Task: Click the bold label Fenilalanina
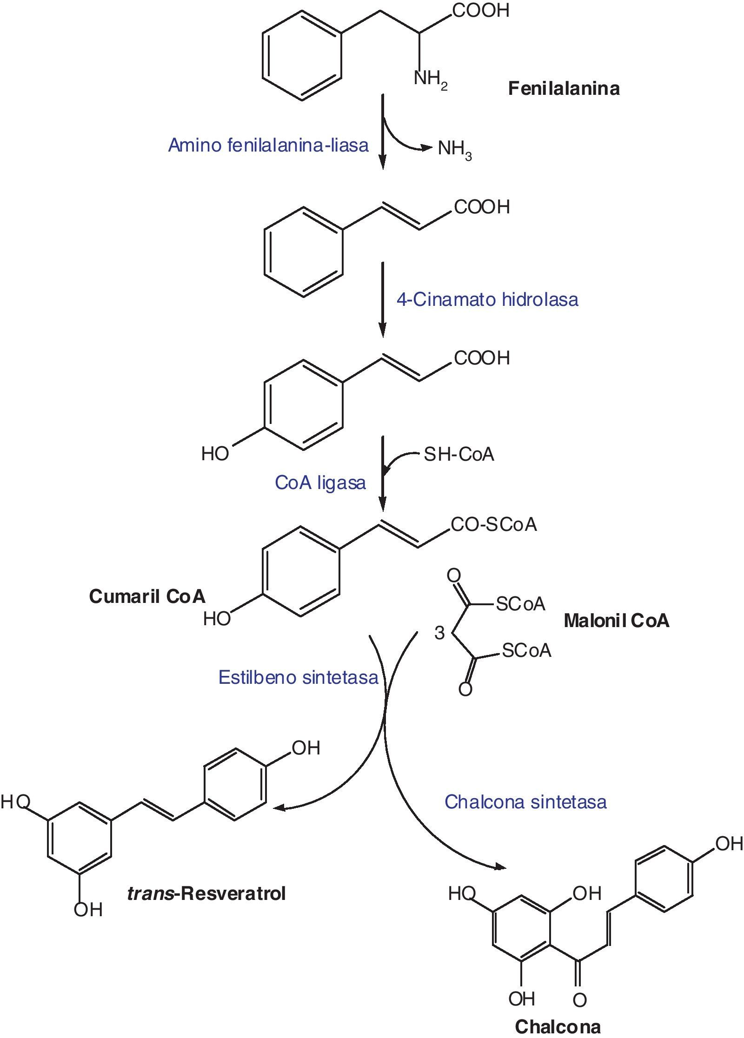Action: pos(564,88)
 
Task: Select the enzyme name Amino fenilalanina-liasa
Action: pos(268,145)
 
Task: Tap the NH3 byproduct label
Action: pos(454,149)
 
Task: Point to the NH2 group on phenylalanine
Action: pos(430,79)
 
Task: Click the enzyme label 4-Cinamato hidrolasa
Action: pos(487,299)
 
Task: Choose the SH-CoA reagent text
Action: pos(458,454)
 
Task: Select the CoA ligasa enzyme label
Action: pos(320,483)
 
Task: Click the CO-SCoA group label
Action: pos(494,524)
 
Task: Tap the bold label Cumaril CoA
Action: pos(147,596)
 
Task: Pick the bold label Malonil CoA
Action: pos(616,621)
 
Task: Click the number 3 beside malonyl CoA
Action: pos(439,633)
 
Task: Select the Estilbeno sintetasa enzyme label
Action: pos(298,677)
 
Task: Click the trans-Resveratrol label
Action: pos(206,893)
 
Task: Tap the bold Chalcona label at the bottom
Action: pos(558,1026)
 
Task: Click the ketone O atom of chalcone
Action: pos(579,1000)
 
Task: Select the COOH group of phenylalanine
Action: pos(481,10)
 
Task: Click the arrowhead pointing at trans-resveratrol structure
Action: pos(278,808)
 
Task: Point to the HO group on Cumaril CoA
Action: pos(217,619)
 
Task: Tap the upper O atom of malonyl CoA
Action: pos(453,576)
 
